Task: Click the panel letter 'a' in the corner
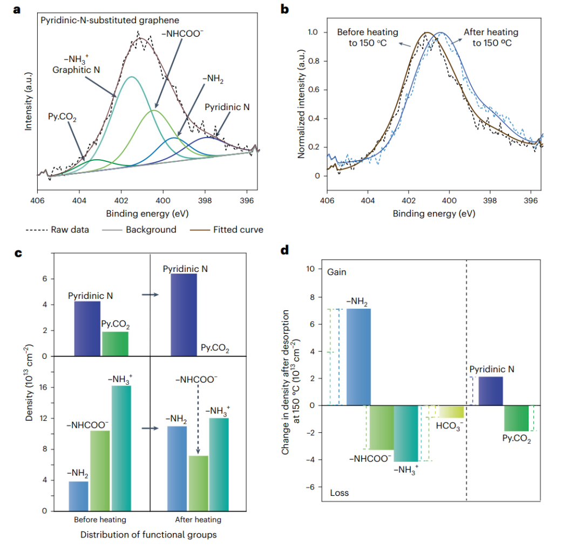click(17, 9)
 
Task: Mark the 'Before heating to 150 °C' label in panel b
click(368, 37)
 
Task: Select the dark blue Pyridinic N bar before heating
click(87, 329)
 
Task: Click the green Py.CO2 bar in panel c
click(115, 344)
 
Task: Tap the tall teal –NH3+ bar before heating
click(121, 448)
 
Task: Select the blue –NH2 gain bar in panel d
click(358, 357)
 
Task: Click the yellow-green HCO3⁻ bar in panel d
click(451, 412)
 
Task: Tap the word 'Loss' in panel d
click(339, 493)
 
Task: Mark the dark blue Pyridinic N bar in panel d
click(490, 391)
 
